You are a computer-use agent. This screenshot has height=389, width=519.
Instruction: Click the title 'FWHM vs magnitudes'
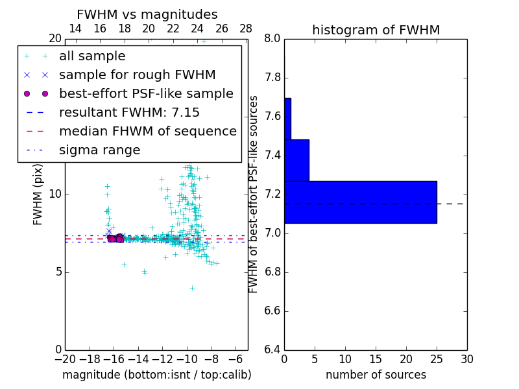click(147, 15)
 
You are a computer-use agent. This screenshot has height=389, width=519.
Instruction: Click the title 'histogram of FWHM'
click(376, 30)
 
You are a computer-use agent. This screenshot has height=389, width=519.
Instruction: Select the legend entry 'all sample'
click(92, 56)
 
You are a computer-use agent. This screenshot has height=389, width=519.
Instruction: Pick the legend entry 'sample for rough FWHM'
click(137, 75)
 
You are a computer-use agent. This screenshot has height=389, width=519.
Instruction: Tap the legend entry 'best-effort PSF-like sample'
click(146, 94)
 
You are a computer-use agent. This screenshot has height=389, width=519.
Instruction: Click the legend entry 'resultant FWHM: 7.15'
click(129, 113)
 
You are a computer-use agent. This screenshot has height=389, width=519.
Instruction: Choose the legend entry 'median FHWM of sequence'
click(147, 132)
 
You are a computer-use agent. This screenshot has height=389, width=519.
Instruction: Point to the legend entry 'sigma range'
click(99, 150)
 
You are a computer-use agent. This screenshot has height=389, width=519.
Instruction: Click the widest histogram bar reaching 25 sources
click(360, 202)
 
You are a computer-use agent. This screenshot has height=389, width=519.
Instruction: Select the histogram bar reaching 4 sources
click(296, 160)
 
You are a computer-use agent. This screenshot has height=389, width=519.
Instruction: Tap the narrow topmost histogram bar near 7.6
click(287, 119)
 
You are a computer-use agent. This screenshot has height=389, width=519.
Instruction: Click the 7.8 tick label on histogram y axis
click(272, 78)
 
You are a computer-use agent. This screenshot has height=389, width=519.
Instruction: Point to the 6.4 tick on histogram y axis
click(272, 349)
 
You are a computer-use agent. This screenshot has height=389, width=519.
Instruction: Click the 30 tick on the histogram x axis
click(466, 359)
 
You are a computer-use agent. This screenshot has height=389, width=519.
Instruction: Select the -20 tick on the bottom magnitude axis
click(65, 359)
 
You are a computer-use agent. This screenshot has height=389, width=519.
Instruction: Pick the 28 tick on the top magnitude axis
click(246, 29)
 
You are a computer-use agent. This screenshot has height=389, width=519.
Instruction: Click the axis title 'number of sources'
click(376, 375)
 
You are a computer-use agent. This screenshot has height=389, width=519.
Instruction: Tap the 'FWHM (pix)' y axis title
click(38, 194)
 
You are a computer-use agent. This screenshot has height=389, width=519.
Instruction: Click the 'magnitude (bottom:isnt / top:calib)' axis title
click(156, 375)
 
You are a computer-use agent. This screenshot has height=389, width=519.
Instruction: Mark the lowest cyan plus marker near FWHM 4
click(192, 287)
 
